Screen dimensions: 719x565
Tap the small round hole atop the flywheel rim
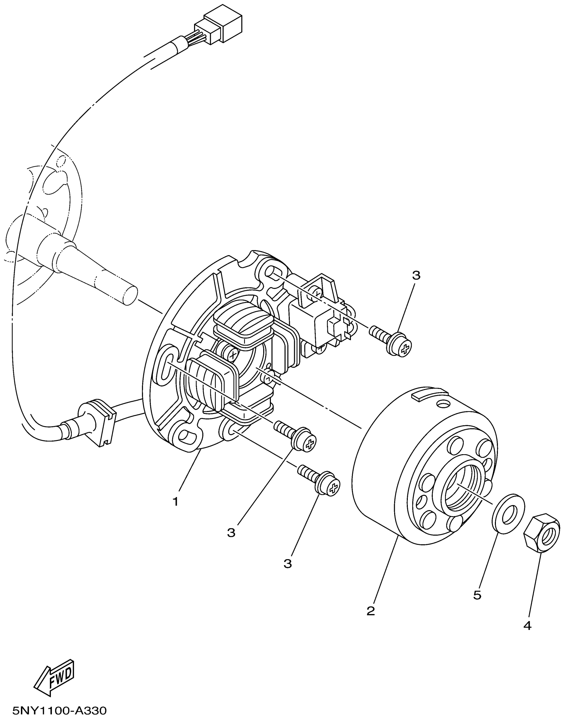(x=442, y=404)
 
